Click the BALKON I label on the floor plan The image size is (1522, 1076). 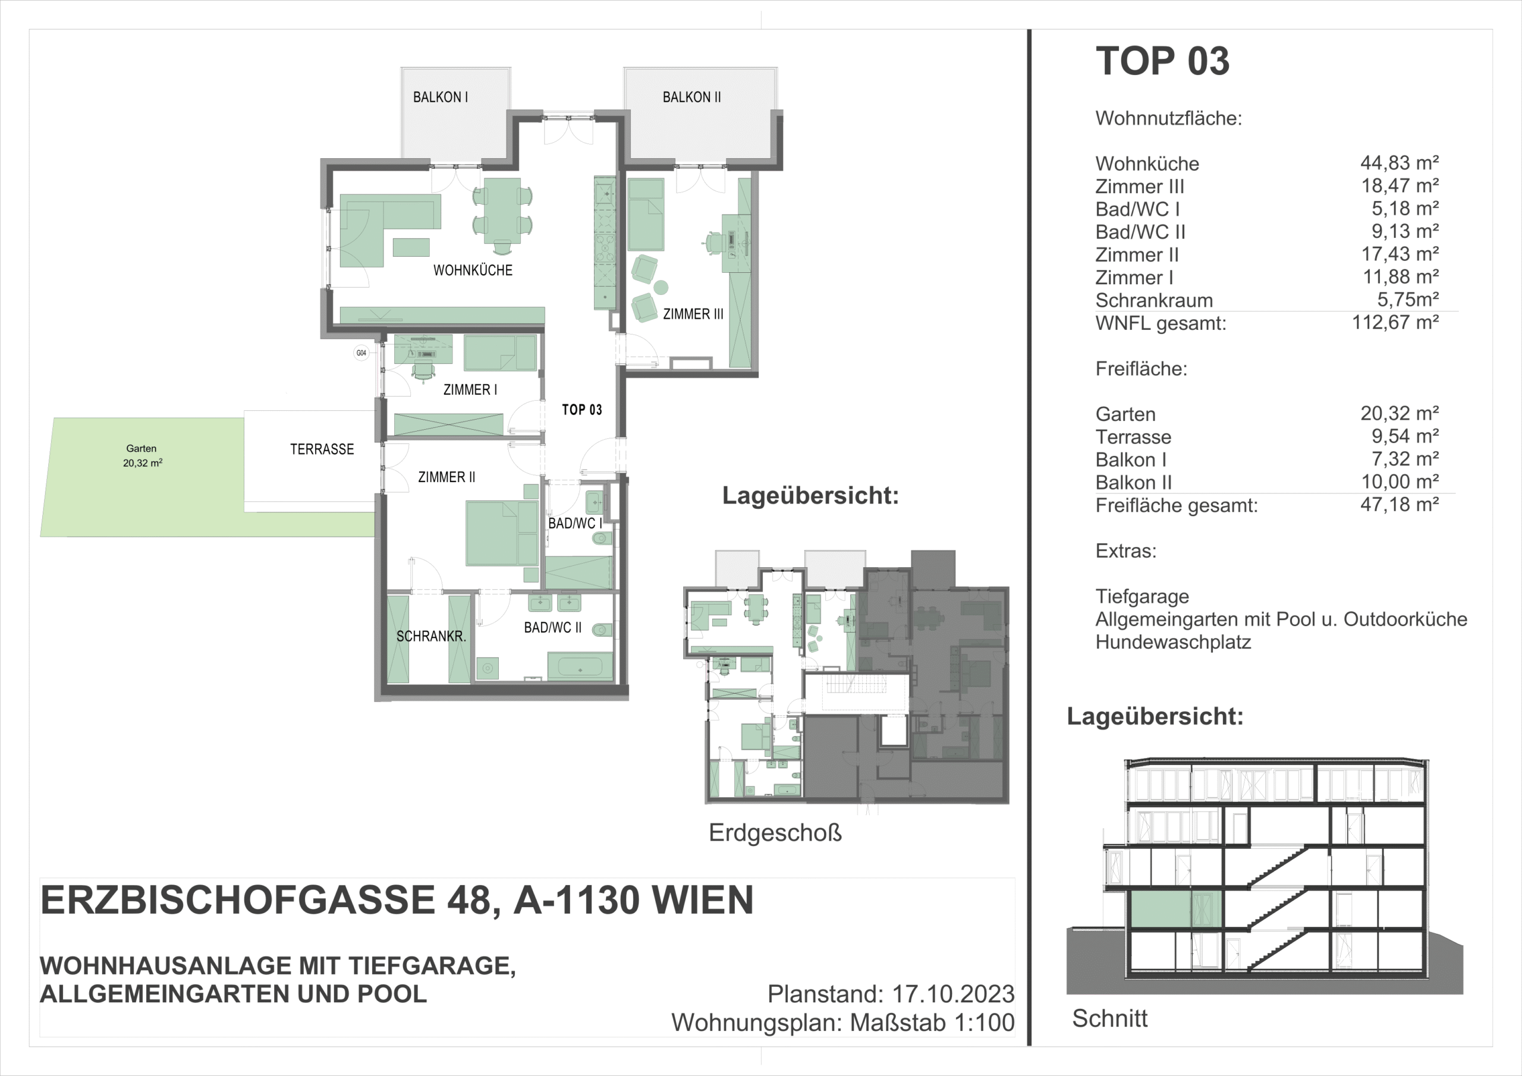440,97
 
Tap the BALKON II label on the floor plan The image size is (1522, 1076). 691,97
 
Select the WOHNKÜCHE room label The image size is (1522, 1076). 473,270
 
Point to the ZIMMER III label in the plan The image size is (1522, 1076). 693,314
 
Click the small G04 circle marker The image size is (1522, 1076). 361,353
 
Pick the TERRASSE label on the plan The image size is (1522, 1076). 322,449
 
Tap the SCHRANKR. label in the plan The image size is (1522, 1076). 431,637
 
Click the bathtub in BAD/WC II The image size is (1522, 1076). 580,666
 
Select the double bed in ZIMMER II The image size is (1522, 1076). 502,534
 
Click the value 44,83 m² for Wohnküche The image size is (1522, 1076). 1400,162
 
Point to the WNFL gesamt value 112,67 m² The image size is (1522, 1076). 1395,322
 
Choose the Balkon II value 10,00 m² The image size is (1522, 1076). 1400,482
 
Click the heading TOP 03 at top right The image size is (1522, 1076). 1163,61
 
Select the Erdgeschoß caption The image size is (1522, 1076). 775,833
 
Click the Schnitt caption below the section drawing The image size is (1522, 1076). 1109,1018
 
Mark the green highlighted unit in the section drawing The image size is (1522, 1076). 1175,909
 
